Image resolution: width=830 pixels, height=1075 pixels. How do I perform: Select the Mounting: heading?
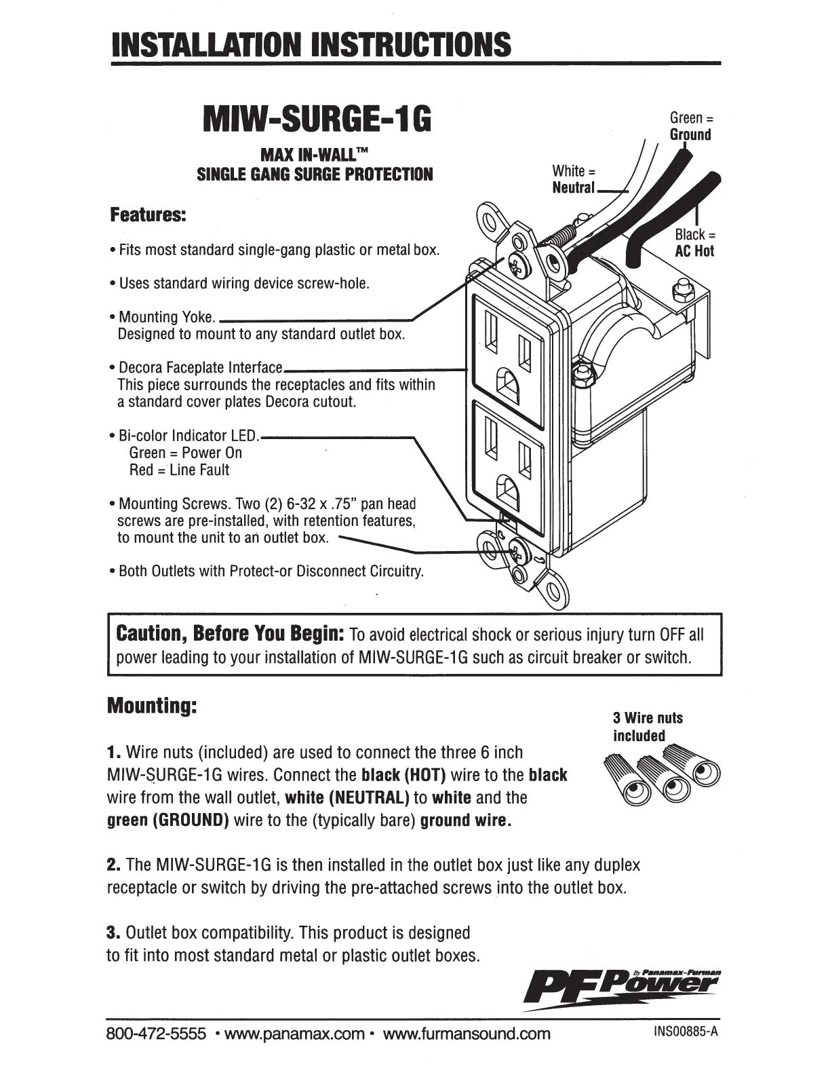coord(153,706)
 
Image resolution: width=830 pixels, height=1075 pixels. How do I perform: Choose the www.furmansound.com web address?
coord(467,1034)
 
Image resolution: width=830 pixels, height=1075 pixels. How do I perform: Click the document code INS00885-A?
coord(685,1032)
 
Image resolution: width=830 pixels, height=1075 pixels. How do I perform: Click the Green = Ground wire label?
coord(691,126)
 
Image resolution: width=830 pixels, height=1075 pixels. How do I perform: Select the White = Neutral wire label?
coord(574,179)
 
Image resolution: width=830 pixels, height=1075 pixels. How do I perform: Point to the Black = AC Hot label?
coord(694,243)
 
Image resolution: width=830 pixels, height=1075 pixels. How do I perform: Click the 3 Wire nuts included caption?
coord(648,727)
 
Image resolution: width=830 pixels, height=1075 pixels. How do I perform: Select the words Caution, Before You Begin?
coord(232,634)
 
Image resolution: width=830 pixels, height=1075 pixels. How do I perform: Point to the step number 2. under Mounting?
coord(114,865)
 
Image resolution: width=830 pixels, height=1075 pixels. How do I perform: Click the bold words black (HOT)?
coord(403,775)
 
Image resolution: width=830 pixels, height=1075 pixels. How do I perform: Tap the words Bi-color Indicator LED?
coord(189,436)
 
